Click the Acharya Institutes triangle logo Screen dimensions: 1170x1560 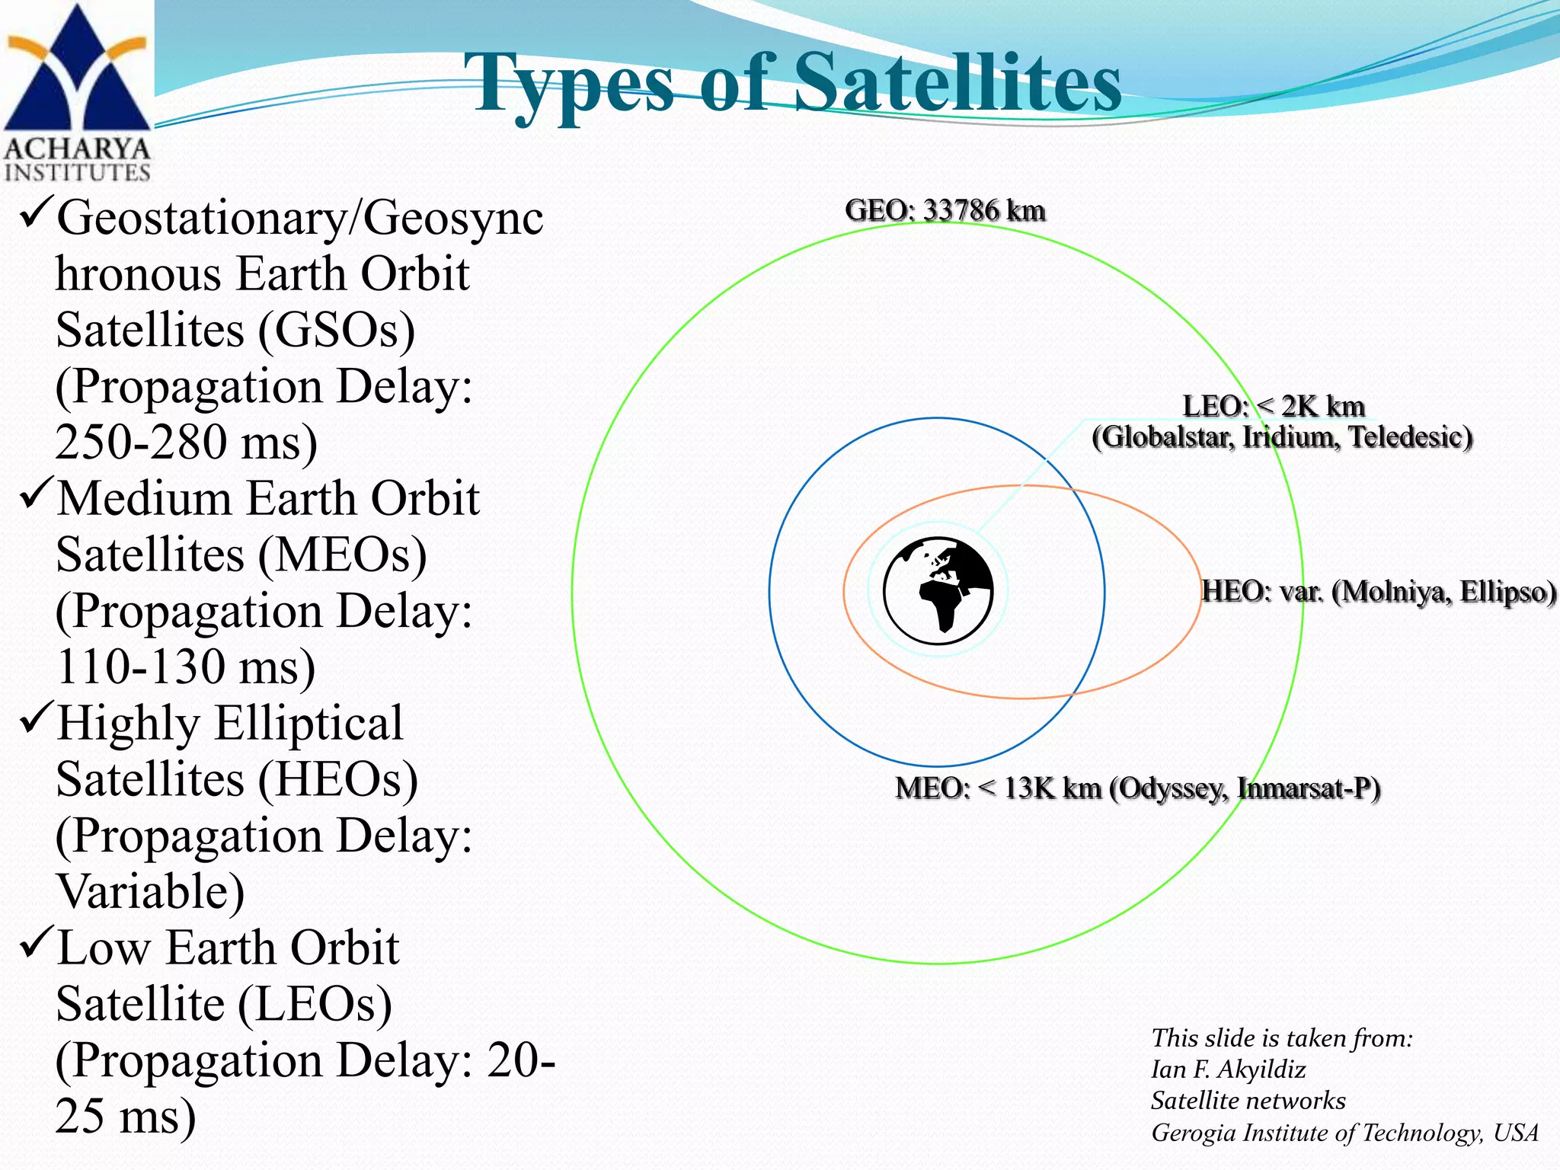tap(76, 72)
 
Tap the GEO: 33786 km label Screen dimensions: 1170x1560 tap(945, 210)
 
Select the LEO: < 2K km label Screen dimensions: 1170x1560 tap(1273, 406)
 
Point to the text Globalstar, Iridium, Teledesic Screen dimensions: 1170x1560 tap(1282, 437)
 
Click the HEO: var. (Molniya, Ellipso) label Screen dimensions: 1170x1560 tap(1379, 591)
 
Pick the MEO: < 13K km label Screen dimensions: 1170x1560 tap(998, 788)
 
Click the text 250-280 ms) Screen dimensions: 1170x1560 tap(186, 442)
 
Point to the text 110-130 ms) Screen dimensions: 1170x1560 tap(185, 667)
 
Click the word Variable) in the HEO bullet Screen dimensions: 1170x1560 tap(150, 891)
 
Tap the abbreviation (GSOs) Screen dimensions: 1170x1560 tap(336, 330)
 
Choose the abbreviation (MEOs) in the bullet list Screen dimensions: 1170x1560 tap(342, 555)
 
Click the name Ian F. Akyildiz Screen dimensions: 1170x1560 tap(1228, 1069)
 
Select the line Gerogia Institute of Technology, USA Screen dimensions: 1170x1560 tap(1344, 1133)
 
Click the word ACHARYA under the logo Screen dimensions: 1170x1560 tap(76, 149)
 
